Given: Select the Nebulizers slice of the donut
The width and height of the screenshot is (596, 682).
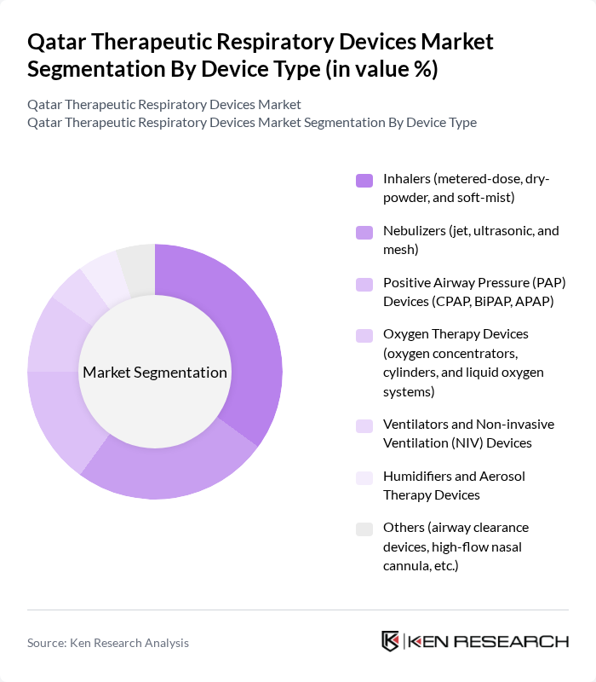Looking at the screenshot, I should (x=170, y=473).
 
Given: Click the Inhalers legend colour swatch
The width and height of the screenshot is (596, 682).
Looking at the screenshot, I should (x=364, y=180).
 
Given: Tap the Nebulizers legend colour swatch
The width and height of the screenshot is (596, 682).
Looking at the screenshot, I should (x=364, y=232).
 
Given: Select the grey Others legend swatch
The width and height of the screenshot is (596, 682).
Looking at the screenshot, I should (x=364, y=529).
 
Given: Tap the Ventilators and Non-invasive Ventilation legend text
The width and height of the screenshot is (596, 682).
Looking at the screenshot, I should (x=469, y=434).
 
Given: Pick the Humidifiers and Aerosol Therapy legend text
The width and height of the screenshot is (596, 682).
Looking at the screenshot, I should (x=454, y=485).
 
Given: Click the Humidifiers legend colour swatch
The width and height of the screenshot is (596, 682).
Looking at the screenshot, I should (x=364, y=477).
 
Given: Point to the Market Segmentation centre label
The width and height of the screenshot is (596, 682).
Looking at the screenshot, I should (x=155, y=373).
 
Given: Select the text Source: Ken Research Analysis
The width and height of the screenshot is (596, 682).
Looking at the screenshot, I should (x=108, y=643).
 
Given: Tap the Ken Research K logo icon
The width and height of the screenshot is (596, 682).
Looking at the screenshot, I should (x=391, y=642).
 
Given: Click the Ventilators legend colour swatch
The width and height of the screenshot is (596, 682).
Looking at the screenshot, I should (x=364, y=426).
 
